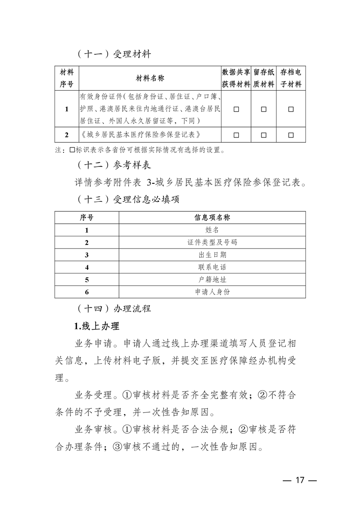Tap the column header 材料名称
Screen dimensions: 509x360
click(x=150, y=78)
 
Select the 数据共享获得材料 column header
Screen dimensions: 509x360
click(x=236, y=78)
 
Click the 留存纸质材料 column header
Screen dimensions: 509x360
click(x=263, y=78)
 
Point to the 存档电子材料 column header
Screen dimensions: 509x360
click(x=291, y=78)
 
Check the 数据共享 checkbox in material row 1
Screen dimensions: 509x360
click(x=236, y=109)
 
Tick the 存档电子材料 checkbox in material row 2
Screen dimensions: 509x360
click(x=291, y=135)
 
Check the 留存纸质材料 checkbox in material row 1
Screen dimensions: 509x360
click(x=264, y=109)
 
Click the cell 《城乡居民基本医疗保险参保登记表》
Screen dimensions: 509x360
click(x=140, y=135)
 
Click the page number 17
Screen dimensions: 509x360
click(x=299, y=481)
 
